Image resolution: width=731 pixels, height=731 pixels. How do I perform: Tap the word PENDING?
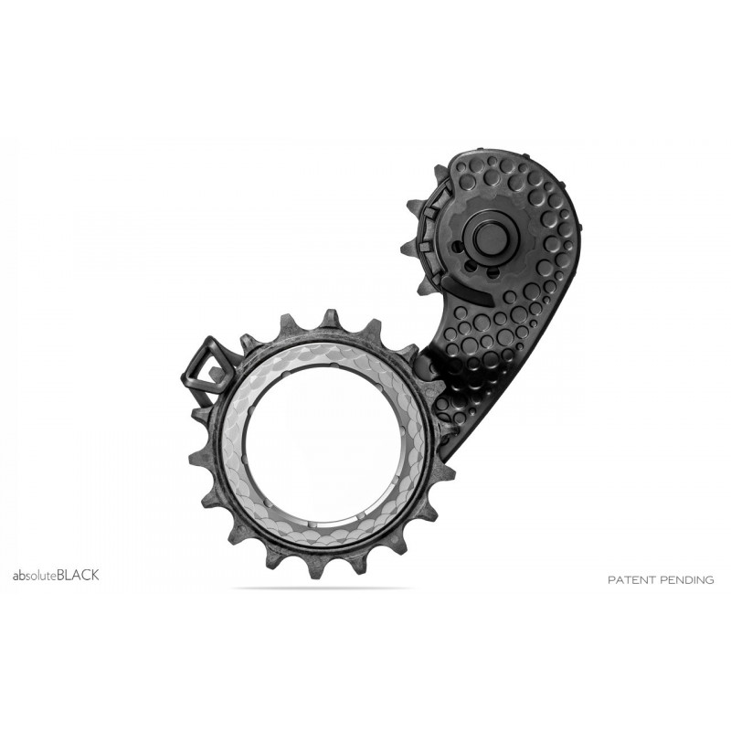coord(688,579)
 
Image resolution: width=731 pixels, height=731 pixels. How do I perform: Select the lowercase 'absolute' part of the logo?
coord(33,576)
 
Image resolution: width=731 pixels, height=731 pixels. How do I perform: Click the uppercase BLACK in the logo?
coord(78,575)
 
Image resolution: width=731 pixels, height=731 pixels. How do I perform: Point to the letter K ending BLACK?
coord(95,575)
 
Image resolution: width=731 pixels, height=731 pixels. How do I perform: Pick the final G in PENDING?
coord(709,579)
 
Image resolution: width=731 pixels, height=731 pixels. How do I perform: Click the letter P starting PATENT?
coord(611,579)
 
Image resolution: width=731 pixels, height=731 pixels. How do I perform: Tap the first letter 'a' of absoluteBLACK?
coord(15,577)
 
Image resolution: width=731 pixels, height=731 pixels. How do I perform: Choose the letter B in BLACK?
coord(60,575)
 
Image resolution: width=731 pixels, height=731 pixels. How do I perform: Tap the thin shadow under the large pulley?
coord(320,588)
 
